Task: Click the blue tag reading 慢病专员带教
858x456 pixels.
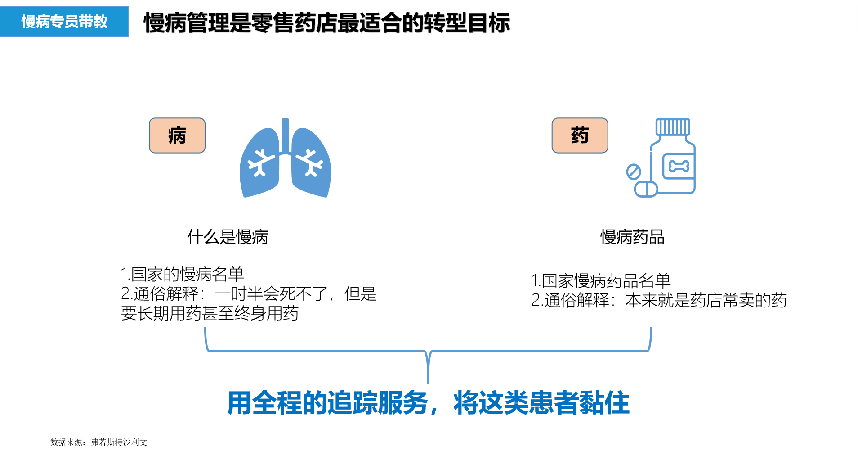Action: tap(64, 22)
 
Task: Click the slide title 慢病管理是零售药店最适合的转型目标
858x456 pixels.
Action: tap(327, 23)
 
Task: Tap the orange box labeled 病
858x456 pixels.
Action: tap(177, 135)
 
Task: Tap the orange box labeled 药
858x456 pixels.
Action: tap(580, 135)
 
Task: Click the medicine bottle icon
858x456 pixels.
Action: tap(673, 157)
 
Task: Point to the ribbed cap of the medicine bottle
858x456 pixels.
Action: tap(673, 127)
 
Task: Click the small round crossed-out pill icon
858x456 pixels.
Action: tap(634, 172)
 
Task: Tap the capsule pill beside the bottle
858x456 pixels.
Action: tap(646, 189)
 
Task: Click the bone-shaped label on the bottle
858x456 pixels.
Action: tap(679, 167)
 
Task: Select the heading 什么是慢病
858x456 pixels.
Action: tap(228, 237)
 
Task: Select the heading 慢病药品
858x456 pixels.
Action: tap(632, 237)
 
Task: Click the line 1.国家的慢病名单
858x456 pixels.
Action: tap(182, 274)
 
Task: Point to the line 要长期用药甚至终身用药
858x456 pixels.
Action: tap(210, 313)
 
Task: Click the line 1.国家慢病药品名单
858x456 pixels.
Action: tap(601, 281)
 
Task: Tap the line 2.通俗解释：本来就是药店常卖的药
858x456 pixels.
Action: tap(659, 300)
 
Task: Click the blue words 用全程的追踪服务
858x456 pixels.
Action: tap(327, 403)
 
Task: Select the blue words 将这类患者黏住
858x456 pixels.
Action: tap(541, 403)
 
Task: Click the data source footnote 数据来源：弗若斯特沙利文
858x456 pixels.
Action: tap(99, 442)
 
